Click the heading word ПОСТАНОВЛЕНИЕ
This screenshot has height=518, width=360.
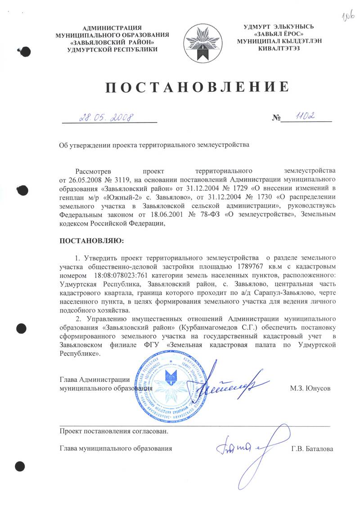197,87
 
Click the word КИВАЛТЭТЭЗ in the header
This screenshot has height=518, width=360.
277,48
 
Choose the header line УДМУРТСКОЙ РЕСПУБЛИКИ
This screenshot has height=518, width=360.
112,49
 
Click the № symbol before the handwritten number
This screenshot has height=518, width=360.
276,118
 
